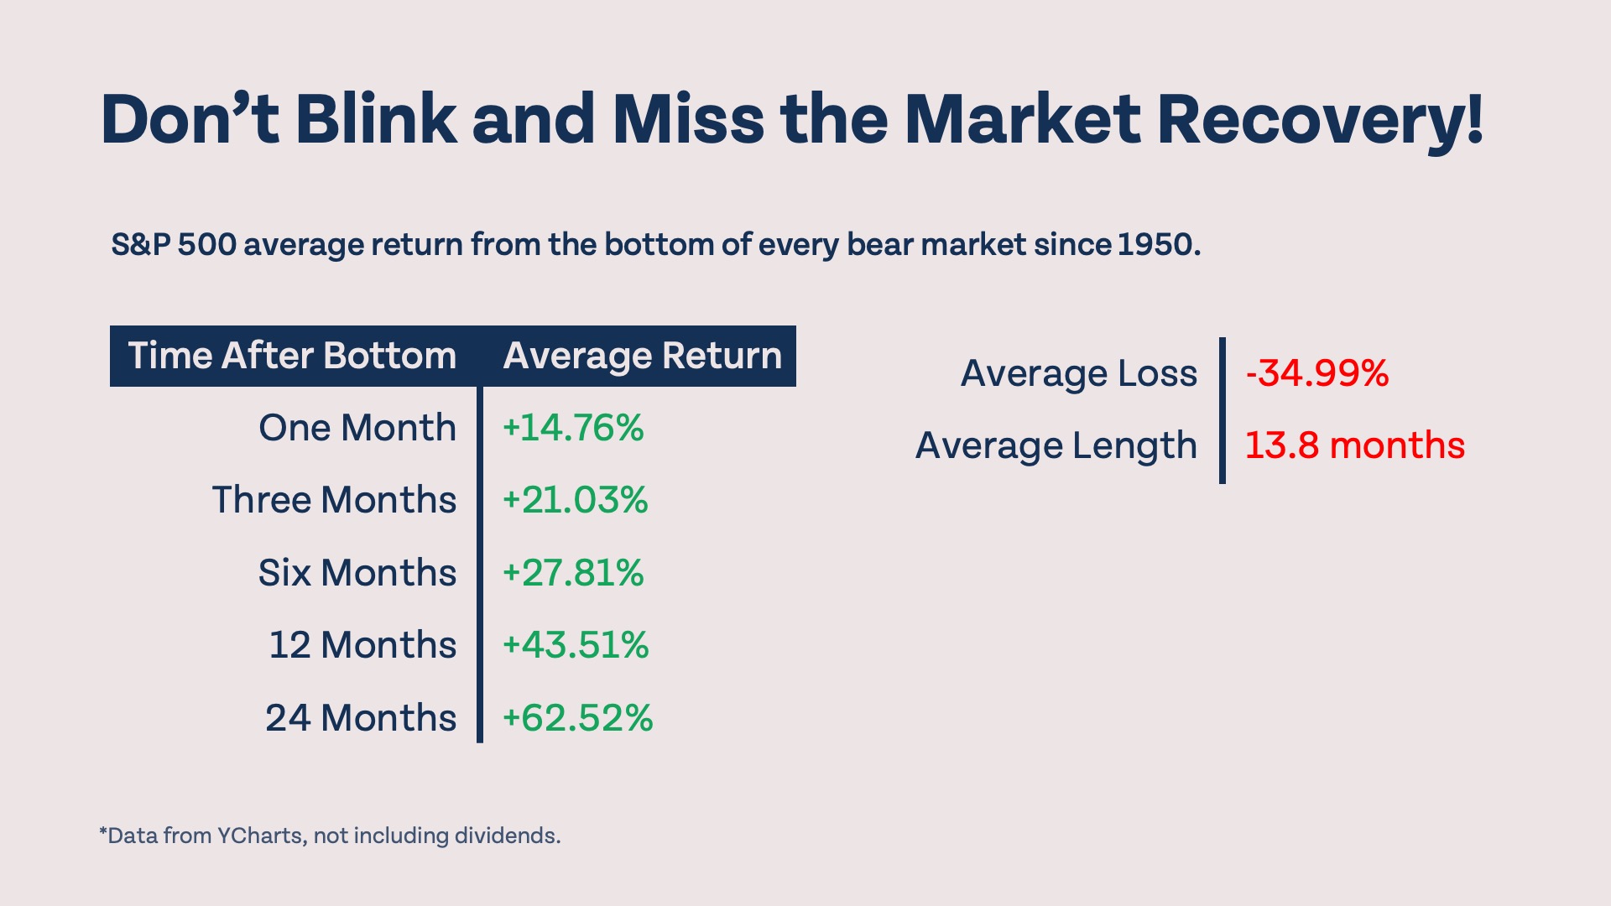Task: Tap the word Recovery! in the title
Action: pyautogui.click(x=1320, y=119)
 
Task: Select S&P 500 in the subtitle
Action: pyautogui.click(x=174, y=244)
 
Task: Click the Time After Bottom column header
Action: pyautogui.click(x=292, y=356)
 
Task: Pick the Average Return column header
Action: pyautogui.click(x=642, y=356)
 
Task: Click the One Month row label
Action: pyautogui.click(x=357, y=428)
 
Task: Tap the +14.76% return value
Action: pyautogui.click(x=573, y=428)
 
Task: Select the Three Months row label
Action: pyautogui.click(x=334, y=500)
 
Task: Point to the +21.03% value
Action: pyautogui.click(x=575, y=500)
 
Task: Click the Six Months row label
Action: pyautogui.click(x=357, y=573)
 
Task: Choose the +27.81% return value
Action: pyautogui.click(x=573, y=573)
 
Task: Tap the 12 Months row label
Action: pyautogui.click(x=362, y=645)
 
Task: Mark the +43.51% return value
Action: pyautogui.click(x=576, y=645)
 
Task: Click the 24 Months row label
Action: pyautogui.click(x=361, y=718)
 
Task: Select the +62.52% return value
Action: pyautogui.click(x=577, y=718)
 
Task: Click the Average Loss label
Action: pyautogui.click(x=1079, y=373)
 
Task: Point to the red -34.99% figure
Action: pyautogui.click(x=1317, y=373)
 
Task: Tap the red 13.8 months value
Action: pyautogui.click(x=1354, y=445)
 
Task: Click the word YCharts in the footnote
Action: pyautogui.click(x=259, y=836)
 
